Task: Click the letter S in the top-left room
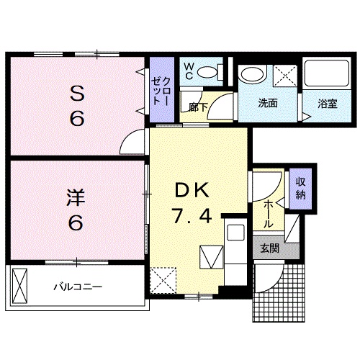[x=75, y=93]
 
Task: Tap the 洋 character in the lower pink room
[x=74, y=196]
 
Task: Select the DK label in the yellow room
[x=192, y=191]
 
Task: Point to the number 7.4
[x=192, y=215]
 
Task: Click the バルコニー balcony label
[x=78, y=287]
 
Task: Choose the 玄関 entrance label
[x=269, y=248]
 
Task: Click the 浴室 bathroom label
[x=327, y=103]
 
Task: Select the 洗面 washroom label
[x=268, y=103]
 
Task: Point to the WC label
[x=188, y=71]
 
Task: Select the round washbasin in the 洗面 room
[x=252, y=73]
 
